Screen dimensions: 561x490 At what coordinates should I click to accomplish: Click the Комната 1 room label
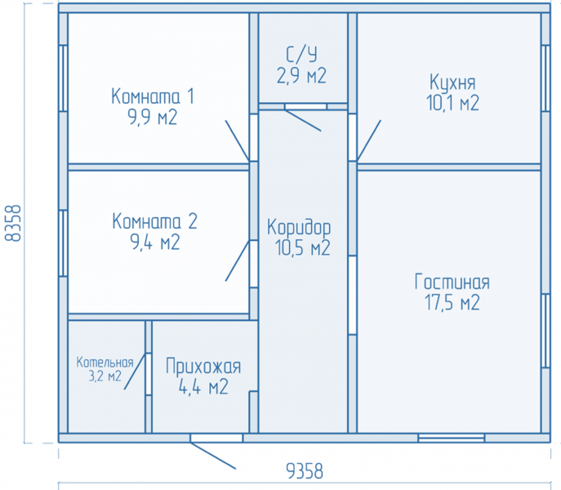(x=153, y=96)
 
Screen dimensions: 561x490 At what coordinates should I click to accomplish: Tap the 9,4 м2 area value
(x=155, y=243)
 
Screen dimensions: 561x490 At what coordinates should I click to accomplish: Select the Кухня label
(x=452, y=82)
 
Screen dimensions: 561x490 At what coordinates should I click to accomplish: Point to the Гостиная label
(x=452, y=282)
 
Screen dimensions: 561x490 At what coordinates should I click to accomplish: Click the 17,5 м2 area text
(x=452, y=302)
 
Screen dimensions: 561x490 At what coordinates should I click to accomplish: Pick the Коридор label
(x=299, y=227)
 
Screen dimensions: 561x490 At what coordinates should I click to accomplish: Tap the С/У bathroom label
(x=301, y=55)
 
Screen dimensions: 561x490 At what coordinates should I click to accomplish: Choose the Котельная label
(x=105, y=363)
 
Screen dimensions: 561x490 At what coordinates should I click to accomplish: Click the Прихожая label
(x=203, y=366)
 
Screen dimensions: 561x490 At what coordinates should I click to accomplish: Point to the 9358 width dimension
(x=305, y=471)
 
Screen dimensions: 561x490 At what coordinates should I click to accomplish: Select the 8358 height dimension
(x=13, y=223)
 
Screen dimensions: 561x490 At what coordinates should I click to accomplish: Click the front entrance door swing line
(x=213, y=456)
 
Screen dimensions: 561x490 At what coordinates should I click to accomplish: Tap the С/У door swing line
(x=303, y=121)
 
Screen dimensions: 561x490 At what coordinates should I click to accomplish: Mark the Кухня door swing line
(x=369, y=140)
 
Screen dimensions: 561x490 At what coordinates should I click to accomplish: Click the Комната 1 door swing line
(x=237, y=140)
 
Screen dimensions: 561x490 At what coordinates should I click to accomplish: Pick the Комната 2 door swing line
(x=237, y=261)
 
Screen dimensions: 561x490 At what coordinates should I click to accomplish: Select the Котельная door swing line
(x=135, y=372)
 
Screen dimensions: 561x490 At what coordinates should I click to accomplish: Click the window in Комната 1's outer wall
(x=64, y=78)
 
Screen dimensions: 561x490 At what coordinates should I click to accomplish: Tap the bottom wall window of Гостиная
(x=451, y=438)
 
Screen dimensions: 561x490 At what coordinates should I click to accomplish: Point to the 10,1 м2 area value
(x=452, y=103)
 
